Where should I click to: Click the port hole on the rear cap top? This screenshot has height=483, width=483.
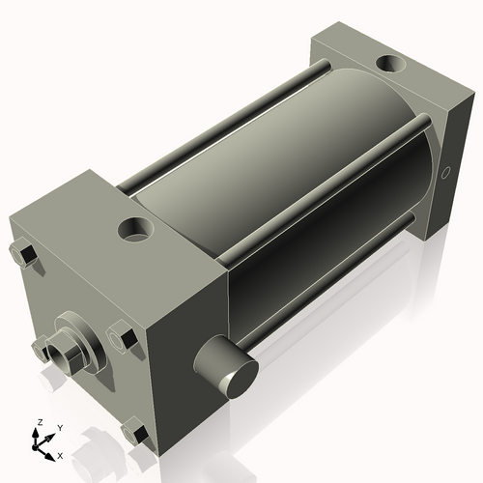tap(391, 66)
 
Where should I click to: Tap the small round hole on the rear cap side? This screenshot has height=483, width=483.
tap(445, 174)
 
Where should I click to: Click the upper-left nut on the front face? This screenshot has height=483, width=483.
tap(26, 254)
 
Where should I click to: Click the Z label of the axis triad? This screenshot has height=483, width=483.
tap(38, 423)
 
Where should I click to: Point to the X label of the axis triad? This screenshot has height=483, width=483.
tap(60, 453)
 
